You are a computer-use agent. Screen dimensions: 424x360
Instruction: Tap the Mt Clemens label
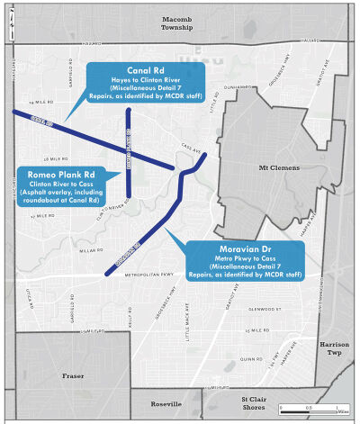tap(276, 167)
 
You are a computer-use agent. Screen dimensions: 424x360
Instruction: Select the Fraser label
tap(73, 375)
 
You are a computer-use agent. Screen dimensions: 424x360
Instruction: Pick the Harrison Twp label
tap(338, 347)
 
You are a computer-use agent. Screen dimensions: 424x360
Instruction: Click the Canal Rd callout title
tap(145, 72)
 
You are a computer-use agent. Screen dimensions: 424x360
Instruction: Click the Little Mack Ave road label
tap(188, 315)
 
